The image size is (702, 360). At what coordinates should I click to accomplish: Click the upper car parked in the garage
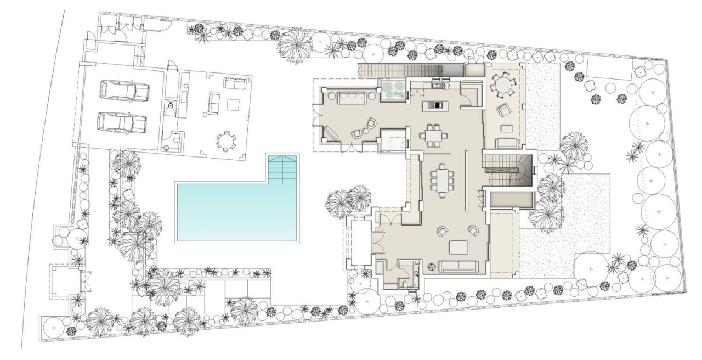(124, 91)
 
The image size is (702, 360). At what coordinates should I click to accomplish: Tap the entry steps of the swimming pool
(282, 169)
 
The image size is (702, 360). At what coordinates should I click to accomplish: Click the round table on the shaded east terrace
(501, 86)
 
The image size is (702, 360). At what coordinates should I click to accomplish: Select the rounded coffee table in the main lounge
(460, 248)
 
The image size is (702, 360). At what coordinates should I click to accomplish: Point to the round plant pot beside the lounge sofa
(431, 267)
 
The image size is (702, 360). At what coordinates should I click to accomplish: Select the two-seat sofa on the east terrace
(507, 144)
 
